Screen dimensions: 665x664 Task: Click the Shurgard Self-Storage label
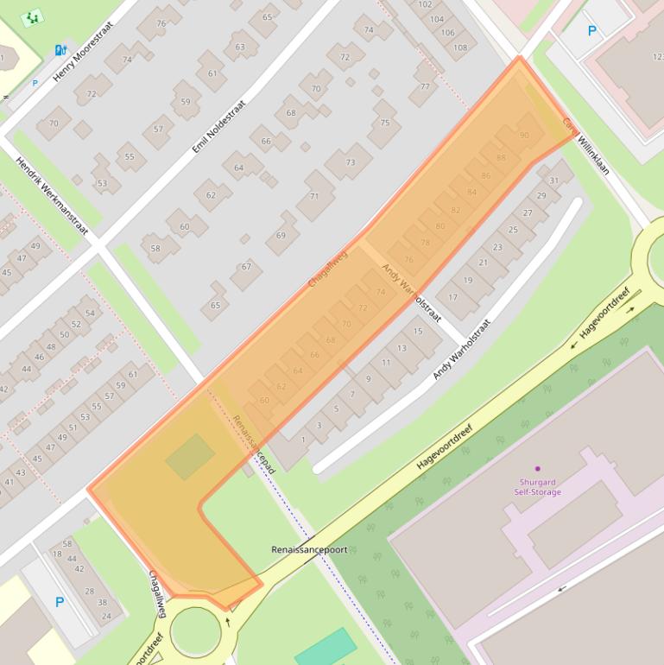point(537,487)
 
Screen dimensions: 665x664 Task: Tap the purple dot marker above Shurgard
point(537,468)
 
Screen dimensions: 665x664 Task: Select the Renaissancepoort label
point(309,549)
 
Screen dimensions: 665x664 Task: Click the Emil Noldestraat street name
point(219,126)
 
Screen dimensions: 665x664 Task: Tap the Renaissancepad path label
point(254,444)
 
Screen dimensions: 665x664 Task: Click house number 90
point(524,136)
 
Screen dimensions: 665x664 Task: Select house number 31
point(554,180)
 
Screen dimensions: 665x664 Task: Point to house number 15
point(418,331)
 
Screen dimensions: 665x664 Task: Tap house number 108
point(460,47)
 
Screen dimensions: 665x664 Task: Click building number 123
point(657,57)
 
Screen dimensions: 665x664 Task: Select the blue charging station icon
point(60,50)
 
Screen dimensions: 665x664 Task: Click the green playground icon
point(32,16)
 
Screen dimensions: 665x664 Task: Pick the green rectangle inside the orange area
point(190,457)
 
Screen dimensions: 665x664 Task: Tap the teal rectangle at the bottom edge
point(326,648)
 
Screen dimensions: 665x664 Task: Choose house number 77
point(425,86)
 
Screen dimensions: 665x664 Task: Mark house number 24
point(106,616)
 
